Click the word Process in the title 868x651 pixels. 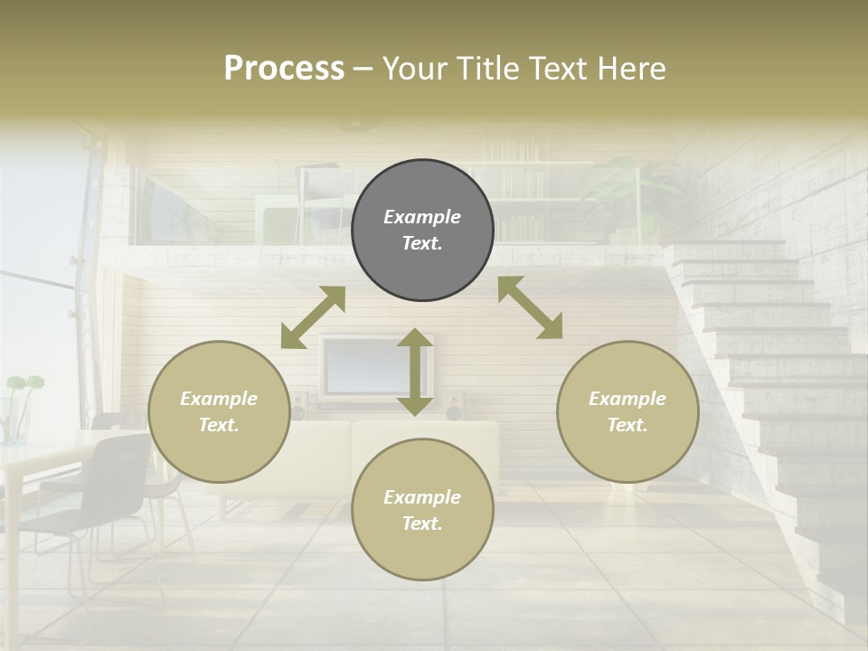(284, 69)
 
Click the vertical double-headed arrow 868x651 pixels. (415, 372)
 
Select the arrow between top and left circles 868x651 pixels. (313, 317)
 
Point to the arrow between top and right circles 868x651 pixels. (530, 307)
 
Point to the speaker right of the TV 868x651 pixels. (455, 406)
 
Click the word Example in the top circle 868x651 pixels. (422, 217)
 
